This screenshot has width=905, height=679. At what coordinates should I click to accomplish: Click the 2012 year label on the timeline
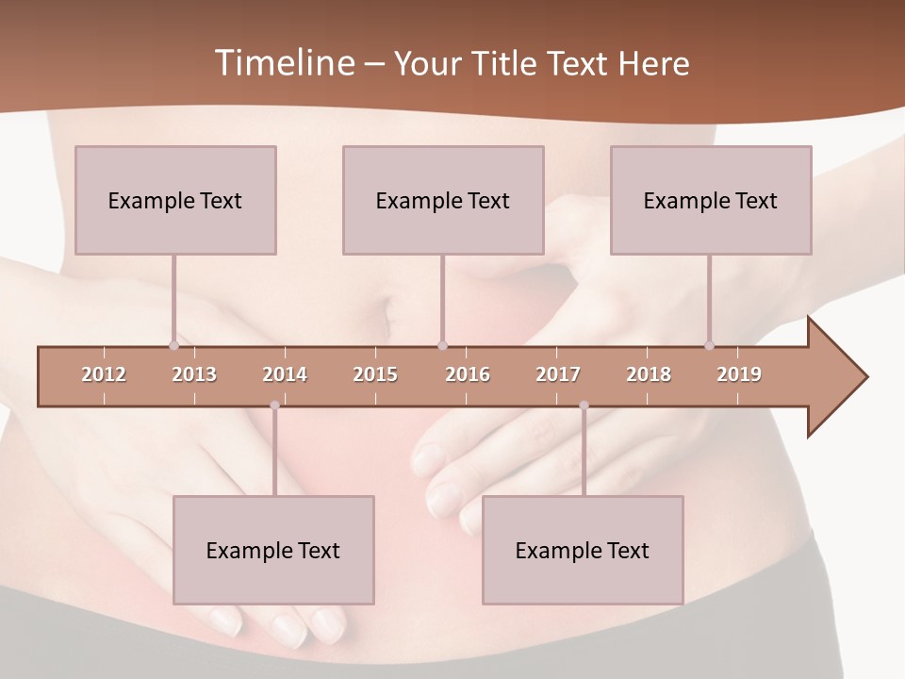pyautogui.click(x=104, y=375)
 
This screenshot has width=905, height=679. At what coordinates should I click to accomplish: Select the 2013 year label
pyautogui.click(x=194, y=375)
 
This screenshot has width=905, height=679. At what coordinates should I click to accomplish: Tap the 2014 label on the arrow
pyautogui.click(x=285, y=375)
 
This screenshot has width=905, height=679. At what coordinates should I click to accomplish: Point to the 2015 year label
pyautogui.click(x=375, y=375)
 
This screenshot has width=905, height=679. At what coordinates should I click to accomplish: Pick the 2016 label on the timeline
pyautogui.click(x=468, y=375)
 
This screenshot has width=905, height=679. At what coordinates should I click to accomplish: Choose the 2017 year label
pyautogui.click(x=558, y=375)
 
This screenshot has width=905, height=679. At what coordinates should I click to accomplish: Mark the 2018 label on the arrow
pyautogui.click(x=649, y=375)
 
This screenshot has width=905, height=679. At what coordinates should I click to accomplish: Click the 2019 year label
pyautogui.click(x=739, y=375)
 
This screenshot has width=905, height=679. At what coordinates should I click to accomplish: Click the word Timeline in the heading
pyautogui.click(x=282, y=63)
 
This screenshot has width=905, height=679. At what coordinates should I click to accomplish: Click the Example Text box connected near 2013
pyautogui.click(x=175, y=200)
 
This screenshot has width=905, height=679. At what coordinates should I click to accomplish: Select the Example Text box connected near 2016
pyautogui.click(x=443, y=200)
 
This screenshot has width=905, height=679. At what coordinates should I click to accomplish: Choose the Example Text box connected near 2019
pyautogui.click(x=711, y=200)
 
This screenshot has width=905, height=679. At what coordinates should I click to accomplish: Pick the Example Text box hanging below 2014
pyautogui.click(x=273, y=550)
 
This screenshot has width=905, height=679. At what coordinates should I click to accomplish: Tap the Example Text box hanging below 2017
pyautogui.click(x=583, y=550)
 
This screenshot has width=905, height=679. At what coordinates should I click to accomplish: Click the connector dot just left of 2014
pyautogui.click(x=274, y=406)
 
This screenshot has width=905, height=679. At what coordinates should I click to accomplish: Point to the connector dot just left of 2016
pyautogui.click(x=443, y=346)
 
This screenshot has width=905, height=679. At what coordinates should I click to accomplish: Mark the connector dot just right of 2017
pyautogui.click(x=584, y=406)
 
